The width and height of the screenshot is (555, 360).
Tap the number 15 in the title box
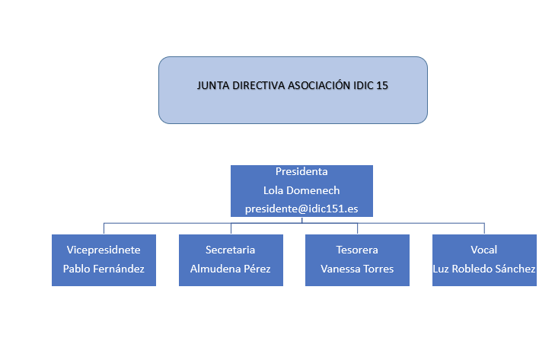pos(382,86)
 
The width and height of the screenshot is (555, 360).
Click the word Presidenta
pos(301,172)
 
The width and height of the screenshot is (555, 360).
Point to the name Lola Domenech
pos(301,190)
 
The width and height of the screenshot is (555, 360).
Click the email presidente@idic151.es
pos(301,209)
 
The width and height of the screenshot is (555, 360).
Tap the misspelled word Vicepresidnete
pos(104,250)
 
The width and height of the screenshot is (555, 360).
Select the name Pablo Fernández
pos(104,269)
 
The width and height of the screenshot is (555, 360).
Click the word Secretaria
pos(231,250)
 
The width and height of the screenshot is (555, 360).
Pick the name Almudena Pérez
pos(231,269)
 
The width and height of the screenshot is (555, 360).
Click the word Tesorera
pos(357,250)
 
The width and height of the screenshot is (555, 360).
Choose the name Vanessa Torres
pos(357,269)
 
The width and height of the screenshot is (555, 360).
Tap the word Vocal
pos(484,250)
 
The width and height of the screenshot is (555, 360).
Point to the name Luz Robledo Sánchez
pos(484,269)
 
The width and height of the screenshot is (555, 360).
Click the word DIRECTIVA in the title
pos(258,86)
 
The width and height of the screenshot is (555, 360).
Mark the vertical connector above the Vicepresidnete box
pos(104,228)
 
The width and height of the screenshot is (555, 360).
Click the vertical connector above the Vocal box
pos(484,228)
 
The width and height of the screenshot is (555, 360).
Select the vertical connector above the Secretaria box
pos(231,228)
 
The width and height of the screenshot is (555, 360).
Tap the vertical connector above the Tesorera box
pos(358,228)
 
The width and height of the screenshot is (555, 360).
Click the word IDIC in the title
pos(363,86)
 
